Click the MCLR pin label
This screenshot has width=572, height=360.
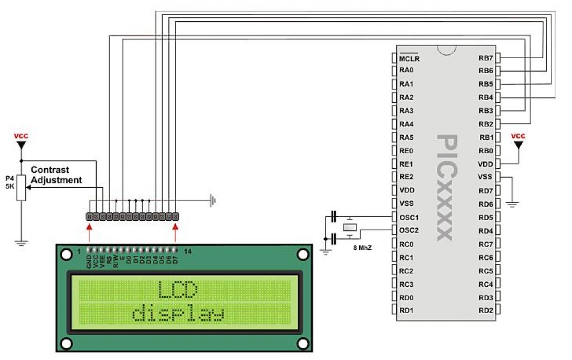(x=409, y=58)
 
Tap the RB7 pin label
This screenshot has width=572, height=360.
(x=486, y=58)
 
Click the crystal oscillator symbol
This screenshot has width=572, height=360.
(x=349, y=227)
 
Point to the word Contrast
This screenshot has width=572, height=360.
(x=50, y=169)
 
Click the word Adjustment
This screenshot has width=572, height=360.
(x=56, y=180)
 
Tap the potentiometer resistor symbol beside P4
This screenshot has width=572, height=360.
(x=21, y=187)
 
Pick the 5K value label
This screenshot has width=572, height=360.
(x=9, y=186)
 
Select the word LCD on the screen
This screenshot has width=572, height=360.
(x=178, y=290)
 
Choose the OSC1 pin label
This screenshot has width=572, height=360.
(x=409, y=217)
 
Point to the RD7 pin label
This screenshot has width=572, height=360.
(x=486, y=191)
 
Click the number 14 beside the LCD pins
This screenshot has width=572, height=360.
(x=188, y=252)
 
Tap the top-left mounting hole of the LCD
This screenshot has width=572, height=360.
(x=66, y=254)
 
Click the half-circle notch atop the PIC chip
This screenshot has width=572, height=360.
(x=446, y=50)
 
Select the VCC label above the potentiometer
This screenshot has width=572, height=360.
(x=21, y=136)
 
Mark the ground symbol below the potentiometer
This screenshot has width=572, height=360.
(x=21, y=243)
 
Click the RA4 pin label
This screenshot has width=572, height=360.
(x=406, y=124)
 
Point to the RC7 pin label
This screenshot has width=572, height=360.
(x=486, y=244)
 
